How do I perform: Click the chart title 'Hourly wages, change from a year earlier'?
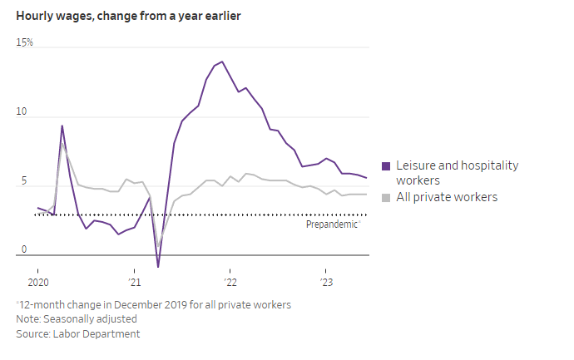[128, 16]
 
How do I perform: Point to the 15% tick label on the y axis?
[24, 42]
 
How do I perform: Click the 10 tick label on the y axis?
[22, 111]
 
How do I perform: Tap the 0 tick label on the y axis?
[24, 249]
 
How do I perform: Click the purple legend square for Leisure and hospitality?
[385, 166]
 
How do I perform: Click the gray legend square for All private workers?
[385, 198]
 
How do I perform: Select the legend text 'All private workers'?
[446, 197]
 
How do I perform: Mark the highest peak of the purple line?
[221, 62]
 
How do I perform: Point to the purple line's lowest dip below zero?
[158, 267]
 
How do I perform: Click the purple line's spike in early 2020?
[62, 126]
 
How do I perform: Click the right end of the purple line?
[366, 178]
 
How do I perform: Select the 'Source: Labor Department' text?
[78, 333]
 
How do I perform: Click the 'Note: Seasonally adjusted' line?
[77, 318]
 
